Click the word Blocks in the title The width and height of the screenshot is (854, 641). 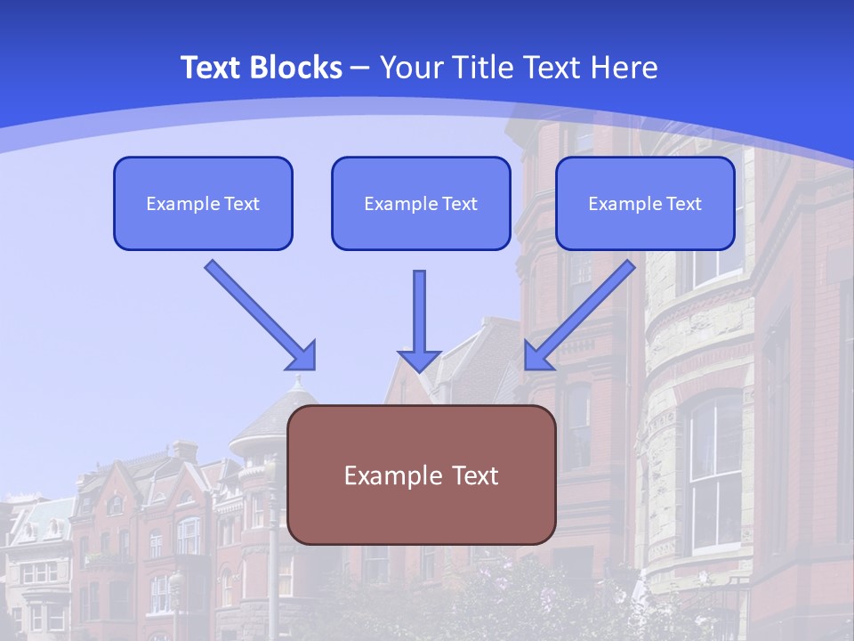click(295, 68)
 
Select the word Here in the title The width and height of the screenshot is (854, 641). click(625, 68)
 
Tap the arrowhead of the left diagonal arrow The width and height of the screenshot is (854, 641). click(303, 356)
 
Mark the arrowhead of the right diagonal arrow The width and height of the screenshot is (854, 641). click(537, 355)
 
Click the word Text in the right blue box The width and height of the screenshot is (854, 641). click(684, 204)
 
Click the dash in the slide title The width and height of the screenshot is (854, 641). click(361, 69)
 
